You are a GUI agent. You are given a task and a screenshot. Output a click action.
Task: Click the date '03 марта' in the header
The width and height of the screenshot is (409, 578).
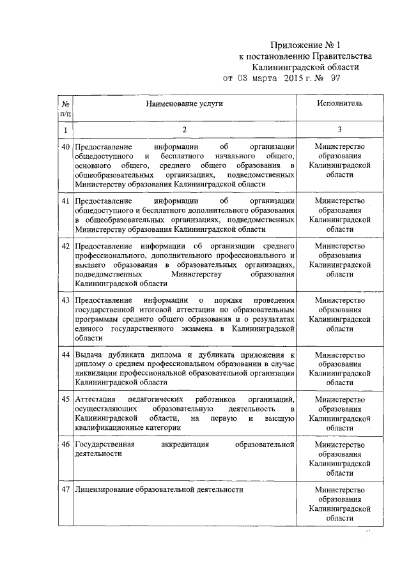[x=258, y=79]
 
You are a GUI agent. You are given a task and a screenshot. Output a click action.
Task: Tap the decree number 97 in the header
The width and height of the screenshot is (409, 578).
[x=335, y=79]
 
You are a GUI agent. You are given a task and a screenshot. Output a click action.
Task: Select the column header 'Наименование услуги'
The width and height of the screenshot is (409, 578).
[x=184, y=103]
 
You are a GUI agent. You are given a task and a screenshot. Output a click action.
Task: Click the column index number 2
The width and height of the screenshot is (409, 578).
[x=184, y=130]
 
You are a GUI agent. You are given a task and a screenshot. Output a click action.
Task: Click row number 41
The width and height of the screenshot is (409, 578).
[x=65, y=201]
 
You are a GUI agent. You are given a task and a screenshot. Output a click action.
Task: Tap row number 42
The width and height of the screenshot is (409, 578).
[x=65, y=246]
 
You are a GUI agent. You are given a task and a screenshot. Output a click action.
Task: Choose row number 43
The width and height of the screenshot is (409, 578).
[x=65, y=300]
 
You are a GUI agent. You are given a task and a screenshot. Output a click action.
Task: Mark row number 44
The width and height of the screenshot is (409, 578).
[x=65, y=354]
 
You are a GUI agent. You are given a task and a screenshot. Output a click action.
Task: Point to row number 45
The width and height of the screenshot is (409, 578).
[x=65, y=399]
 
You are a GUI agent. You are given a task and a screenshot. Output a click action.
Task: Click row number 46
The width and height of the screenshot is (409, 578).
[x=65, y=443]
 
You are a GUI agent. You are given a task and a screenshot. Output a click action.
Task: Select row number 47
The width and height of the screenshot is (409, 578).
[x=65, y=490]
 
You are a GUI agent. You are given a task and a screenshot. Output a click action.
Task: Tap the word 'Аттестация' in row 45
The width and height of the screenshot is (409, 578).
[x=95, y=399]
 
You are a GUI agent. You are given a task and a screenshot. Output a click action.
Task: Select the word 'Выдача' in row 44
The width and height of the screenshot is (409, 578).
[x=88, y=354]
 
